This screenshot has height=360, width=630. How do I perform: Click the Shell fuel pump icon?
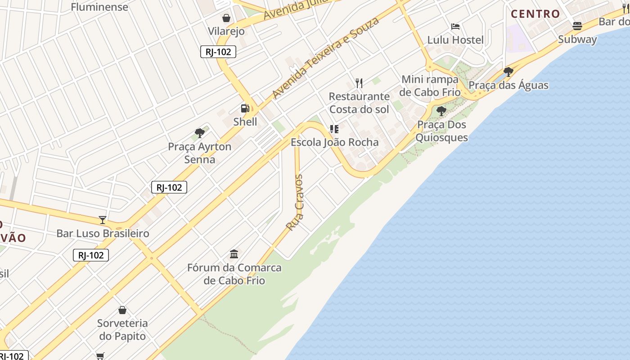[245, 108]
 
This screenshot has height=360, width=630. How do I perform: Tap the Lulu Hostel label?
[455, 40]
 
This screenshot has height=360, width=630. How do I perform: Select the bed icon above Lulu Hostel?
[455, 27]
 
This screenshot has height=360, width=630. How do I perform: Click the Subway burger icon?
[577, 26]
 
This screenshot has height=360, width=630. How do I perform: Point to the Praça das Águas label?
[508, 85]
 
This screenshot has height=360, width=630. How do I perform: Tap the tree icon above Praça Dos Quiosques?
[441, 111]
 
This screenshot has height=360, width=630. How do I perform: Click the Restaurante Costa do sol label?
[359, 103]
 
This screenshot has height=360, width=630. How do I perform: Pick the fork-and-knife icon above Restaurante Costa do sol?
[359, 83]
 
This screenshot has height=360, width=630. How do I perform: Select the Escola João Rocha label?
[335, 142]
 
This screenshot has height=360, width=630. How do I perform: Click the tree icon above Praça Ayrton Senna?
[200, 133]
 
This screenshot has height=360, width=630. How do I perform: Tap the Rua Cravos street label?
[295, 203]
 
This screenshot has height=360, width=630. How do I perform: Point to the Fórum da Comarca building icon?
[234, 254]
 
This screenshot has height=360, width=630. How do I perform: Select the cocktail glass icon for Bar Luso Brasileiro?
[103, 220]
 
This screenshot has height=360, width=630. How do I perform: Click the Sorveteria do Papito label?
[122, 329]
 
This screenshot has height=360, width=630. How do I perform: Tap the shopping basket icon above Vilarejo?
[226, 18]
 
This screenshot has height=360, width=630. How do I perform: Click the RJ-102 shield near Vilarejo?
[218, 52]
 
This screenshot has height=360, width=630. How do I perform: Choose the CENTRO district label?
[535, 14]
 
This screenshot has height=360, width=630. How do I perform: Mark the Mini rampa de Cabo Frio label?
[430, 85]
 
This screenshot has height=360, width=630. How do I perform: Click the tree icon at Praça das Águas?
[508, 72]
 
